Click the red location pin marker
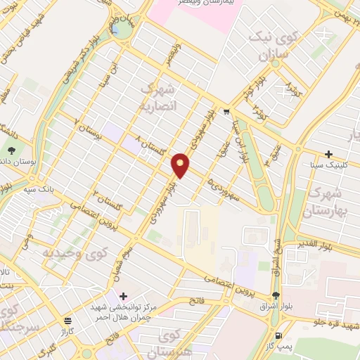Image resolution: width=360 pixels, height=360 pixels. [x=181, y=165]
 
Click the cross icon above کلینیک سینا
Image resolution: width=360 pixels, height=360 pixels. [x=328, y=154]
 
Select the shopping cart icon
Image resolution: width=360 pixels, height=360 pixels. [x=226, y=111]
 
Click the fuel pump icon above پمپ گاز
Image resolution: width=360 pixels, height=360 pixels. [x=281, y=335]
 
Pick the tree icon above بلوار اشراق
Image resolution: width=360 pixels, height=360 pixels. [x=275, y=295]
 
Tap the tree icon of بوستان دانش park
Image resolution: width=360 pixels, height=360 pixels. [x=12, y=150]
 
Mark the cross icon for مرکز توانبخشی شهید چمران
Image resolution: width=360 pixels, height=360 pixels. [x=124, y=296]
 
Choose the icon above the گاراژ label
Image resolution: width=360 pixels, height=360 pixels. [x=66, y=320]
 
